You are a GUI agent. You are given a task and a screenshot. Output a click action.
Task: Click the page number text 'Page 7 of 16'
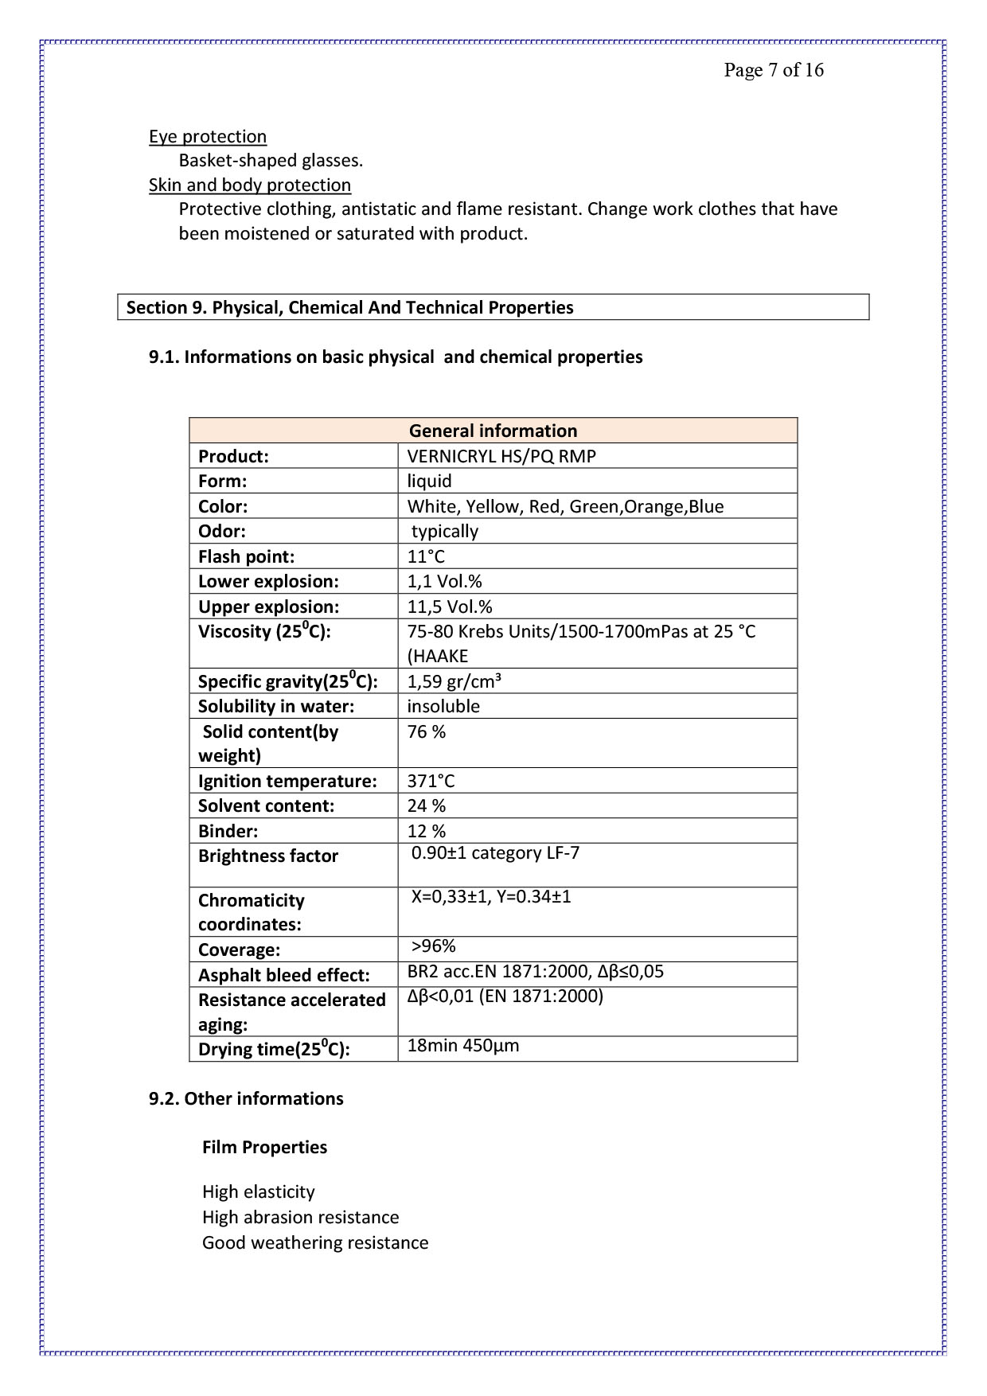tap(773, 70)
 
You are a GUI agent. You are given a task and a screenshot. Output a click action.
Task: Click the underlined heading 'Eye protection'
tap(208, 137)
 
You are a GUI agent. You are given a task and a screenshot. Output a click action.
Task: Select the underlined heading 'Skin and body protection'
tap(250, 185)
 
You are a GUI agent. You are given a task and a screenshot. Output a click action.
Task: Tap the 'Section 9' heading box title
tap(349, 308)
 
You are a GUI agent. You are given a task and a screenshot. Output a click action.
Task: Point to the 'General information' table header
tap(493, 431)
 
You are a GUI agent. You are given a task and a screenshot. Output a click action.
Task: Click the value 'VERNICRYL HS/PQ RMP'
tap(501, 456)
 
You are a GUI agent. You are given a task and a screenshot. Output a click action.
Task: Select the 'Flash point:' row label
tap(246, 556)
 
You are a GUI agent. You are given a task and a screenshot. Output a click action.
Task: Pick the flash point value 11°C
tap(426, 556)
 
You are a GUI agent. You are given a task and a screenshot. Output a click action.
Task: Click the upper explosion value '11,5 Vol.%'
tap(450, 606)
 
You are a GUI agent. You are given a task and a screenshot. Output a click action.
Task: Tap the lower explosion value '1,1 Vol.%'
tap(444, 581)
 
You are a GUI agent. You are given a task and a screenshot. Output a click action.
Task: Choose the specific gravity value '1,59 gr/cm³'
tap(454, 681)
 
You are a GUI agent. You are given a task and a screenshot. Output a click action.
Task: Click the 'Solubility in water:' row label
tap(276, 706)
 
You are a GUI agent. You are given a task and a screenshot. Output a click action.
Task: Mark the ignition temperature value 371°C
tap(431, 781)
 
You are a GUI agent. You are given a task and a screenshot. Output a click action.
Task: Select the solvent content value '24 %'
tap(426, 805)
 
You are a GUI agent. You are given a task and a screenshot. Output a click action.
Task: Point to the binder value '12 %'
tap(426, 831)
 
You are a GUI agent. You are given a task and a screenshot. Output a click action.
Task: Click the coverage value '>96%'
tap(433, 946)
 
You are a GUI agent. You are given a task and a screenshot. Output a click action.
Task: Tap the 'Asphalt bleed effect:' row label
tap(284, 975)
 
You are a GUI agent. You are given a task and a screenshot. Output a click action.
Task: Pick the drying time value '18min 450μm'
tap(462, 1046)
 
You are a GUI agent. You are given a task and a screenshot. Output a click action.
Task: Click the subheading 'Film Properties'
tap(264, 1147)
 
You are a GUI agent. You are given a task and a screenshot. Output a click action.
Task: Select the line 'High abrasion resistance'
tap(300, 1217)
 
